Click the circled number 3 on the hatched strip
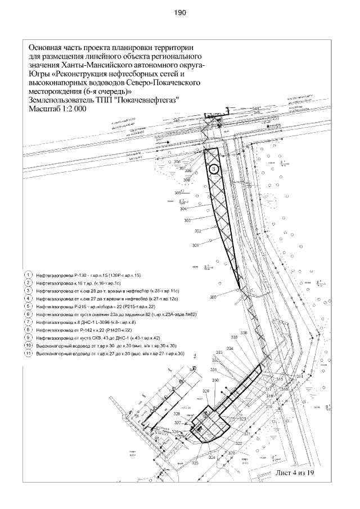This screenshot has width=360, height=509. pos(214,168)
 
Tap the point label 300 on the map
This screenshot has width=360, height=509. pos(213,297)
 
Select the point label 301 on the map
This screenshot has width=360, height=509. pos(195,246)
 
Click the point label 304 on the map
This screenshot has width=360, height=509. pos(183,208)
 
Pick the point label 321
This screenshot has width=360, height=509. pos(246,434)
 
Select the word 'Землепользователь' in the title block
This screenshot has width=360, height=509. pos(62,100)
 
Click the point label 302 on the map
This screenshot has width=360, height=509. pos(197,231)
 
